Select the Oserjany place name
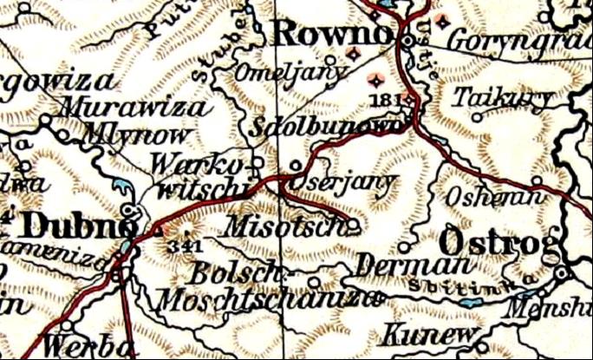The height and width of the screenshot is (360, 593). [341, 184]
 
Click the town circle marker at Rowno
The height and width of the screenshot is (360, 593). [408, 39]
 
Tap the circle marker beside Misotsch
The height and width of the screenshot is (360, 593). [354, 226]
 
